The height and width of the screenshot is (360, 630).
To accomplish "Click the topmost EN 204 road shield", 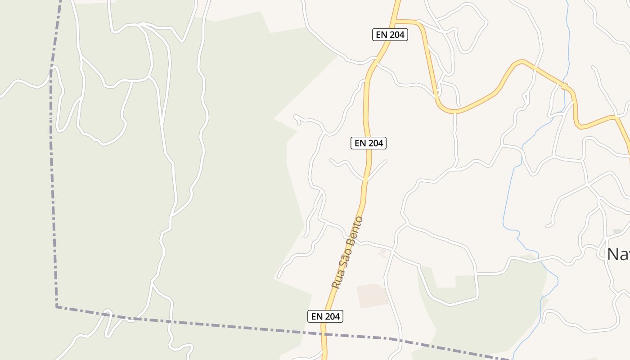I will [390, 35].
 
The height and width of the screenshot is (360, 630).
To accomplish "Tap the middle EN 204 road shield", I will [369, 143].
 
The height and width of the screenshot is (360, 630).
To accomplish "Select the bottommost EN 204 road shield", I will [325, 316].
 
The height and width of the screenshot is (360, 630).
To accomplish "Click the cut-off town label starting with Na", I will [618, 254].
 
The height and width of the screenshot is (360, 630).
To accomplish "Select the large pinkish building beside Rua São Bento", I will [372, 295].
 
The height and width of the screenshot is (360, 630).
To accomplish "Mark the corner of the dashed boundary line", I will [57, 306].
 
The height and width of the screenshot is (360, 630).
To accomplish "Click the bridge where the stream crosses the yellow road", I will [564, 85].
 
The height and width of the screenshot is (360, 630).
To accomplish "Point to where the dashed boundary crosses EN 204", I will [324, 334].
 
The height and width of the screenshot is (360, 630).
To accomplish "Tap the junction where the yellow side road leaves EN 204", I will [395, 21].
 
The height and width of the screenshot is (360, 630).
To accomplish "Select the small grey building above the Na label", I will [617, 231].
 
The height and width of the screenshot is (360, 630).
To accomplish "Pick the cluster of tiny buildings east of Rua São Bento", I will [382, 253].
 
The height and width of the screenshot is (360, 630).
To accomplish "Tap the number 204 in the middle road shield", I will [375, 143].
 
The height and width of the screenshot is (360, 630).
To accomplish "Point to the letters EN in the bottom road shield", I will [317, 316].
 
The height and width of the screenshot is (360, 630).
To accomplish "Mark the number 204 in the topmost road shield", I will [397, 35].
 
